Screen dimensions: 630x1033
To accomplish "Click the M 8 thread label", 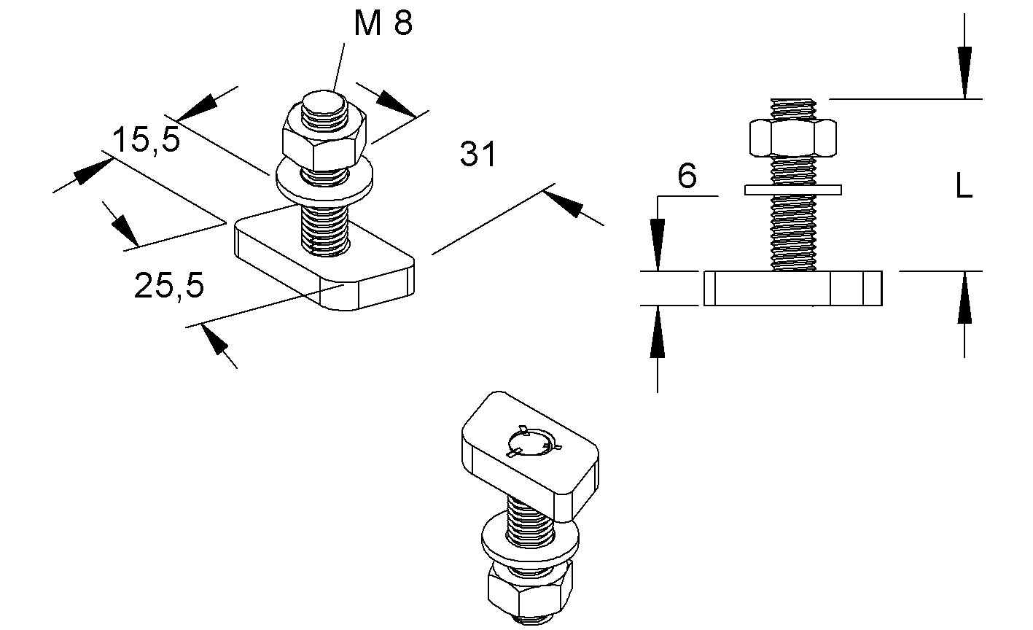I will click(x=383, y=23).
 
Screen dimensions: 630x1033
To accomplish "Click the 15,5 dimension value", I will click(x=146, y=139).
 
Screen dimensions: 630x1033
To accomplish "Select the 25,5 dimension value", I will click(x=169, y=286).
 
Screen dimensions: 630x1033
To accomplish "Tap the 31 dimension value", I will click(x=478, y=155).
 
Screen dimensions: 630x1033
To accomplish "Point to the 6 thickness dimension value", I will click(x=687, y=176).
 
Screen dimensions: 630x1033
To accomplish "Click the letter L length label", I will click(x=964, y=188).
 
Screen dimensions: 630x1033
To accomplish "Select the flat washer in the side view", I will click(x=793, y=190).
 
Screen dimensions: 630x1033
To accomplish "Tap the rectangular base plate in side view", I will click(x=792, y=288).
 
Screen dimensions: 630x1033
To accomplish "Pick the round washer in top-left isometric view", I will click(x=325, y=182).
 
